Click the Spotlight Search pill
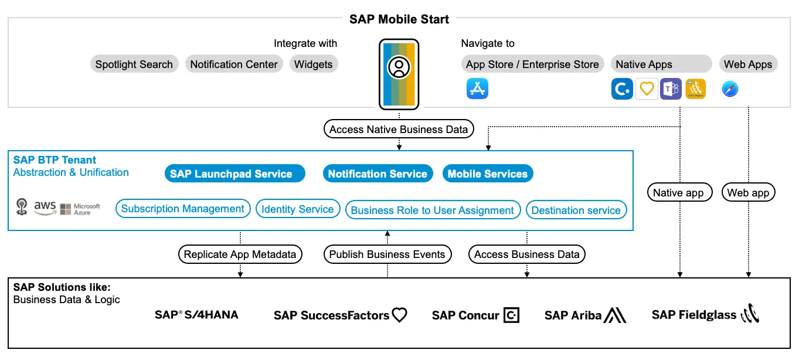[x=134, y=64]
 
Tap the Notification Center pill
[x=234, y=64]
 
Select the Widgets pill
[x=313, y=64]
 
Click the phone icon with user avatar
[x=399, y=74]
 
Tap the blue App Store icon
[x=477, y=89]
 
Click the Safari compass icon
[x=730, y=89]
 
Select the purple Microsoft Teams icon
[x=671, y=89]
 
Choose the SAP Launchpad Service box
[x=234, y=174]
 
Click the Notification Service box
[x=378, y=174]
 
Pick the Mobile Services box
[x=488, y=174]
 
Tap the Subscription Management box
[x=183, y=209]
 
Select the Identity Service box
[x=298, y=209]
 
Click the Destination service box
[x=576, y=210]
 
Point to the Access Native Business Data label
[x=399, y=130]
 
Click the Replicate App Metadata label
[x=240, y=254]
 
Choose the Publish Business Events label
[x=387, y=254]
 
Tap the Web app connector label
[x=748, y=192]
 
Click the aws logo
[x=45, y=208]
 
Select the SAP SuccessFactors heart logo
[x=399, y=315]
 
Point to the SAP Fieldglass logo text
[x=694, y=315]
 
